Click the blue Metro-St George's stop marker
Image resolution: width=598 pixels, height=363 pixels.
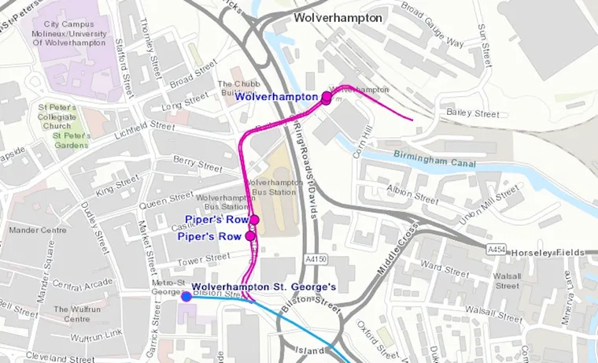[186, 296]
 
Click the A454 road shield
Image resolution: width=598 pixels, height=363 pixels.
[496, 250]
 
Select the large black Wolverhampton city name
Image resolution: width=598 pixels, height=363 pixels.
[338, 17]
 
